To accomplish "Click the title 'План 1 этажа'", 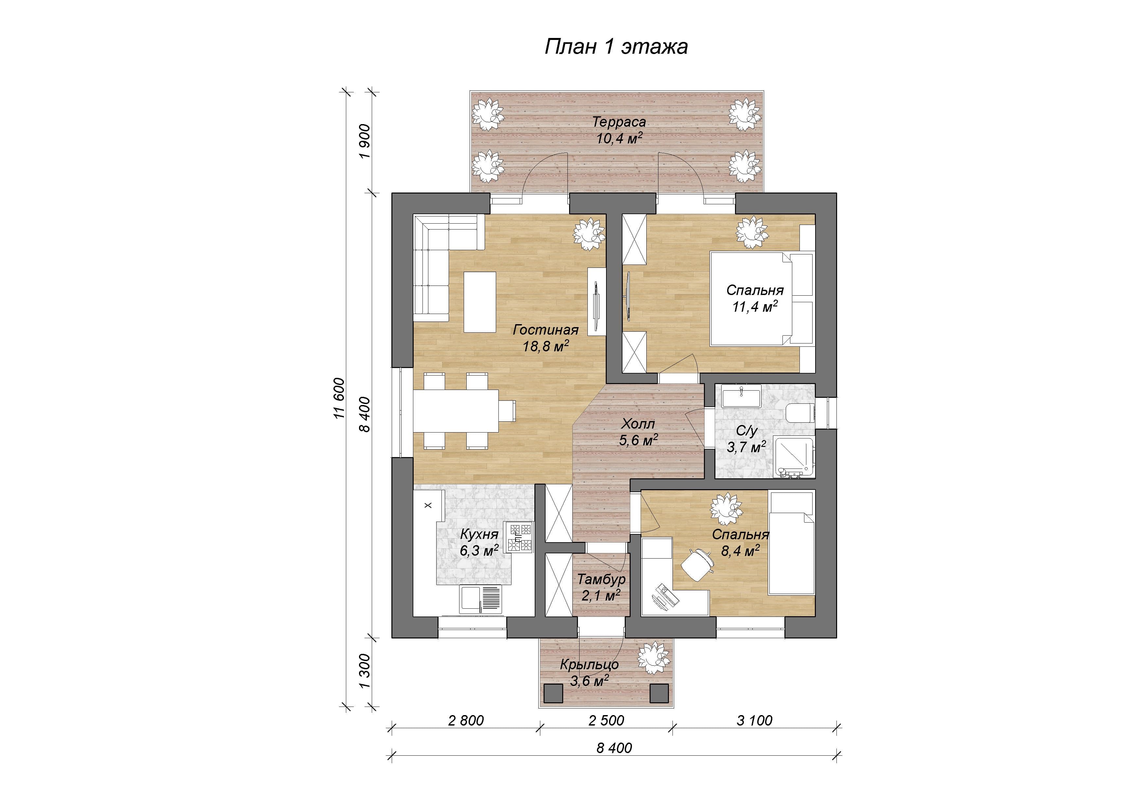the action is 616,46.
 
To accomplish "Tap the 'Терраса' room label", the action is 619,121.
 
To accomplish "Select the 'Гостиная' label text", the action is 546,330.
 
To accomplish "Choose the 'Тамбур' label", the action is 601,579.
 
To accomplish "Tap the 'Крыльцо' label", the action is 589,664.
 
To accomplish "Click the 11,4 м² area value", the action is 755,306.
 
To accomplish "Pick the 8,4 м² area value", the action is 741,551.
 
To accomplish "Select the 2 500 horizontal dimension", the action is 606,720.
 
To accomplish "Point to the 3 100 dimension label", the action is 755,720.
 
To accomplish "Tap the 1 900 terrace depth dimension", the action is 365,141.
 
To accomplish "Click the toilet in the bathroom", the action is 800,413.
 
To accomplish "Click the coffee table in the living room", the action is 130,302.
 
